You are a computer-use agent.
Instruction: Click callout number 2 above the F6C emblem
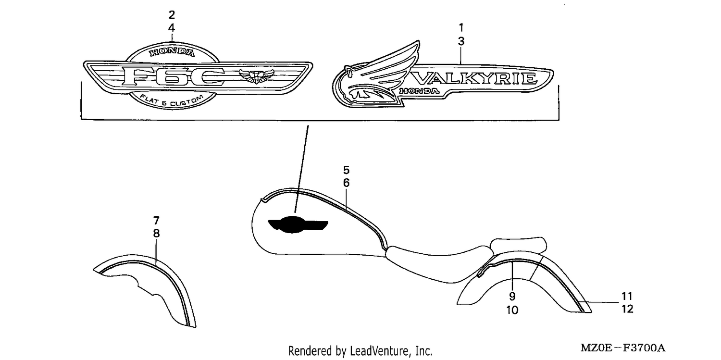(172, 15)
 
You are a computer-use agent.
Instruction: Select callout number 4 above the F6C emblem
(172, 28)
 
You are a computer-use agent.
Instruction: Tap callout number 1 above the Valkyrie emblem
(461, 28)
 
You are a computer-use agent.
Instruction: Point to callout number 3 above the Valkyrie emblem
(461, 41)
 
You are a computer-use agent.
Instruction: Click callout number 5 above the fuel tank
(346, 170)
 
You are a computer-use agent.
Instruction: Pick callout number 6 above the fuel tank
(346, 183)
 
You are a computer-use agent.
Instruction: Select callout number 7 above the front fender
(156, 221)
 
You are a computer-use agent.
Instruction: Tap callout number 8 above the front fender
(156, 234)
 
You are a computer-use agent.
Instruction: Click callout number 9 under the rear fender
(512, 296)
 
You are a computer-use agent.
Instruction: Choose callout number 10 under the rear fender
(512, 310)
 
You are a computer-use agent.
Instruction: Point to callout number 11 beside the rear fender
(627, 296)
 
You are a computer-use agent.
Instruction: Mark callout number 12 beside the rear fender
(627, 309)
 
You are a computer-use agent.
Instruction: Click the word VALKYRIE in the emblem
(475, 78)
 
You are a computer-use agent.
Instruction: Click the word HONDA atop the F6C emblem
(172, 52)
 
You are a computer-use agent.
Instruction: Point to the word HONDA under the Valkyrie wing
(419, 91)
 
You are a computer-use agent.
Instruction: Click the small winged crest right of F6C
(256, 76)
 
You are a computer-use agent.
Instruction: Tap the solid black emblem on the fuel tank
(298, 224)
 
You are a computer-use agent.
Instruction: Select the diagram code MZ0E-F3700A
(623, 348)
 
